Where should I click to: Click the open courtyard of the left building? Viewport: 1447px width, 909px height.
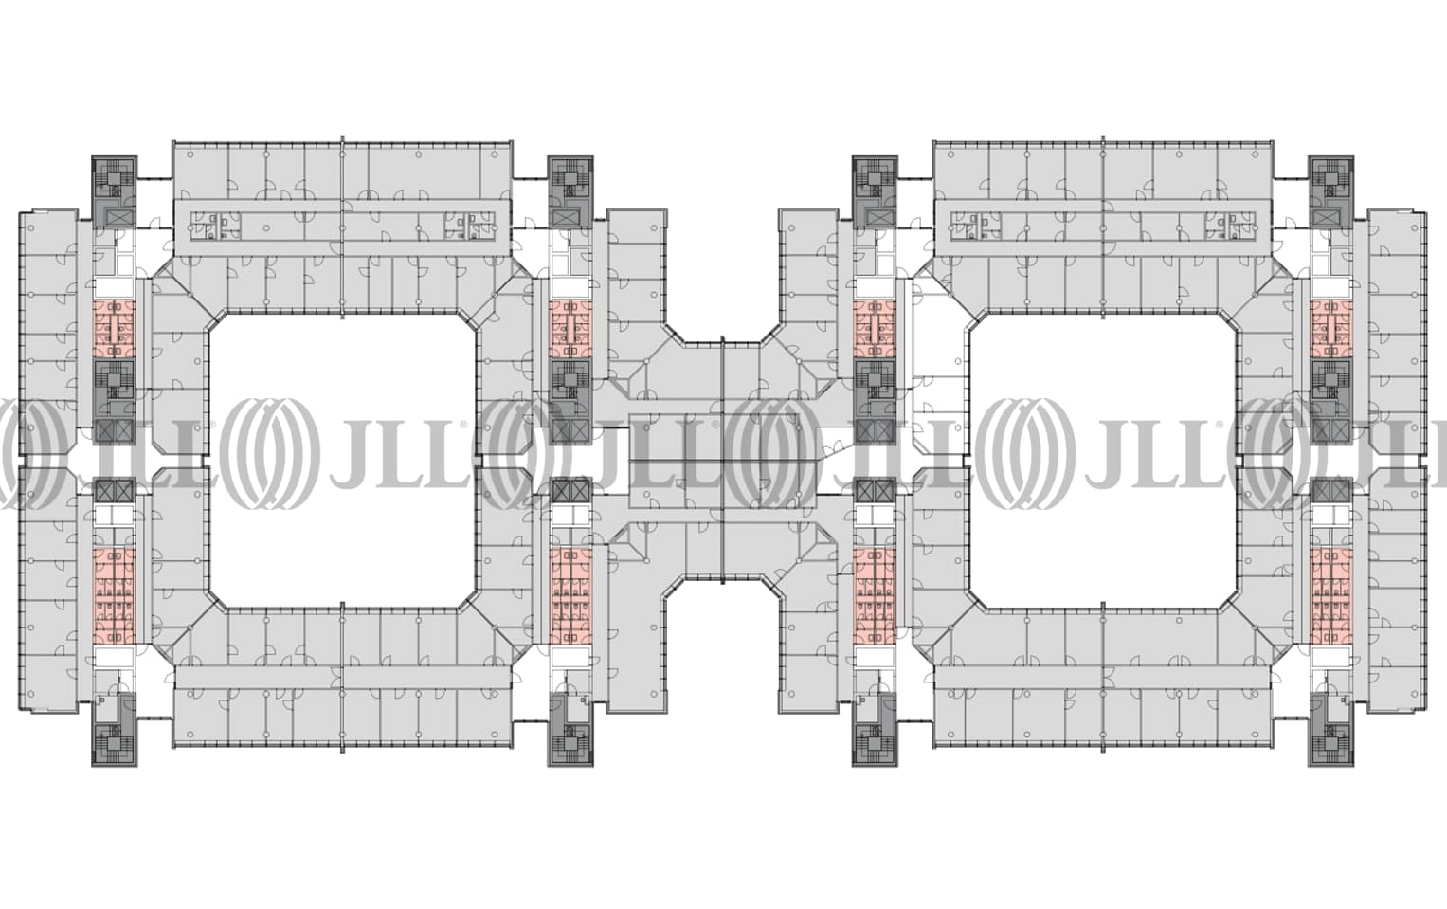point(343,461)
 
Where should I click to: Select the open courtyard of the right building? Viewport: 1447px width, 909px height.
point(1103,461)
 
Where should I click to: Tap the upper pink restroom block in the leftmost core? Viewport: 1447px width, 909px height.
point(115,329)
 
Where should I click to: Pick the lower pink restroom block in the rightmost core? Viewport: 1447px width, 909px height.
point(1330,595)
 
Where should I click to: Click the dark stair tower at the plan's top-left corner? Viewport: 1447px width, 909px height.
point(115,191)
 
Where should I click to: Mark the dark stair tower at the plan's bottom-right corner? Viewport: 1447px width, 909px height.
point(1330,730)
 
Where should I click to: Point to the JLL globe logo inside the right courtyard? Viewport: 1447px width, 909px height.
point(1035,453)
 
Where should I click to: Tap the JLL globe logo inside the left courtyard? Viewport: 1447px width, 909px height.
point(274,453)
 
